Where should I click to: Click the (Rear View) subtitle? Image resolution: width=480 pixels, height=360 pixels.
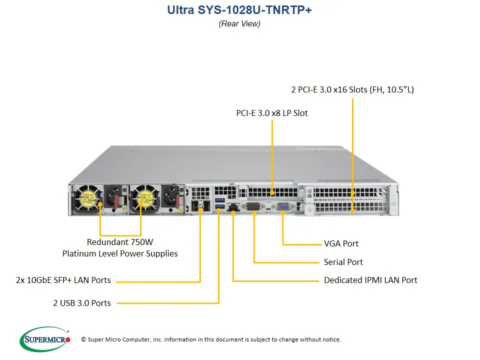coord(239,23)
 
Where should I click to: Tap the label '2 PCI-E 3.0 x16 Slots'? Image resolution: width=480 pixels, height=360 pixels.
coord(352,90)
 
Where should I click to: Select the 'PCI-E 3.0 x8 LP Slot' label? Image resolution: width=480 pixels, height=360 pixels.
coord(272,113)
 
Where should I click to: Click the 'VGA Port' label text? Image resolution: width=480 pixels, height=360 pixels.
coord(341,244)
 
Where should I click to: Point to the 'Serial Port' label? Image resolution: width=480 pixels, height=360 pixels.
coord(343,262)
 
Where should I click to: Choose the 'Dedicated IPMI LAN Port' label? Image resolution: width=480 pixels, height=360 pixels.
coord(370,280)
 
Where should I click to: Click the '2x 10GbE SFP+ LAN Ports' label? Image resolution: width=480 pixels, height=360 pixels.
coord(63,280)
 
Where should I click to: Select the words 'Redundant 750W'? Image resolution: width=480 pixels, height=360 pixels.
coord(119,242)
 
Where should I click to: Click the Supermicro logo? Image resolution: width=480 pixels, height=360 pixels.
coord(45,339)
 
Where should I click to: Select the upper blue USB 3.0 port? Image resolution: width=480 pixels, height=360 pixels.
coord(218,201)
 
